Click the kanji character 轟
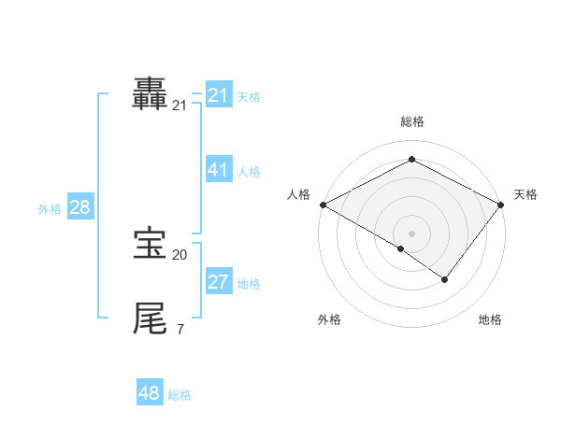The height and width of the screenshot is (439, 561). click(x=151, y=94)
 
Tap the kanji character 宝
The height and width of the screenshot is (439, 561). click(x=151, y=245)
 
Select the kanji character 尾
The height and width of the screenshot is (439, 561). click(x=151, y=319)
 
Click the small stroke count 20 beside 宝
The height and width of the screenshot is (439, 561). click(x=180, y=254)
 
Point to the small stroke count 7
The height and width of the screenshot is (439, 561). click(x=180, y=329)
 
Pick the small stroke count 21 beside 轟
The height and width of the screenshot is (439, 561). click(x=180, y=106)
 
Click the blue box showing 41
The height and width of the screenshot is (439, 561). click(x=218, y=170)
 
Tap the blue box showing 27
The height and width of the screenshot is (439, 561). click(x=218, y=282)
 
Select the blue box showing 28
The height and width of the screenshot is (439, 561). click(x=79, y=207)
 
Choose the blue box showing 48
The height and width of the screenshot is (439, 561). click(x=150, y=393)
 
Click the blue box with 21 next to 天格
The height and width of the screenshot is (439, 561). click(x=218, y=95)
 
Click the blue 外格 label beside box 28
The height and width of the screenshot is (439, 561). click(x=50, y=209)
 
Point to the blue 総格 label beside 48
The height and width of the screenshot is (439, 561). click(x=180, y=395)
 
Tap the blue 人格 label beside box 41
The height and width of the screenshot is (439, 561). click(x=249, y=172)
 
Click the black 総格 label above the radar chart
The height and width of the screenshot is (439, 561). click(x=411, y=121)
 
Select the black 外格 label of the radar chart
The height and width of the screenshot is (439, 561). click(x=329, y=320)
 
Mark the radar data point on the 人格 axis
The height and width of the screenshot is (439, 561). click(x=323, y=205)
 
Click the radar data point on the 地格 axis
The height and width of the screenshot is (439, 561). click(x=445, y=279)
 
